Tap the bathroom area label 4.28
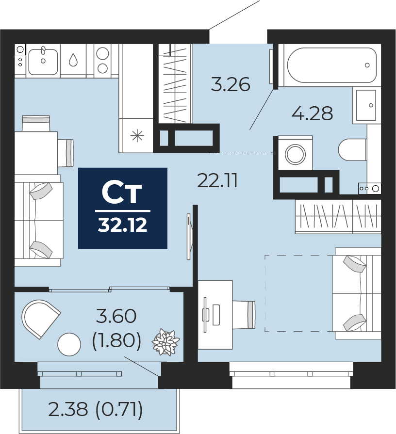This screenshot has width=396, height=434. (x=312, y=113)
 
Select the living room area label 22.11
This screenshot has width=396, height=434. (x=217, y=181)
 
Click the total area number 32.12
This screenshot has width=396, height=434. (x=122, y=225)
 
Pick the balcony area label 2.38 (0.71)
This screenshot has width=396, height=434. (x=96, y=410)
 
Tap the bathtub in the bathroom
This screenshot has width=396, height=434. (x=331, y=65)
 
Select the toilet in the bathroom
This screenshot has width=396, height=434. (x=352, y=150)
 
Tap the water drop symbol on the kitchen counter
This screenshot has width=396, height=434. (x=73, y=60)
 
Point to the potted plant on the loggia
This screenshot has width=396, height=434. (x=165, y=343)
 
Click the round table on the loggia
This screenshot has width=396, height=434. (x=69, y=345)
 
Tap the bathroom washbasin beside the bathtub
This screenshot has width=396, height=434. (x=366, y=105)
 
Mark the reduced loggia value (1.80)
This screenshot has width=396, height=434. (x=116, y=341)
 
